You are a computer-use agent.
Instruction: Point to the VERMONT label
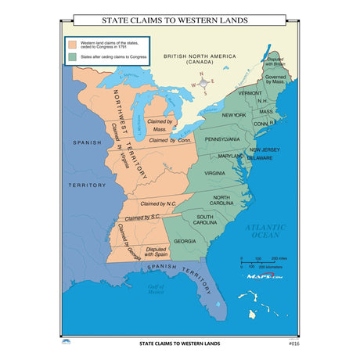251,92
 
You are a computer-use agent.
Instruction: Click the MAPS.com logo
265,276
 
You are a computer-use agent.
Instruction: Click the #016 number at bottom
293,343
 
